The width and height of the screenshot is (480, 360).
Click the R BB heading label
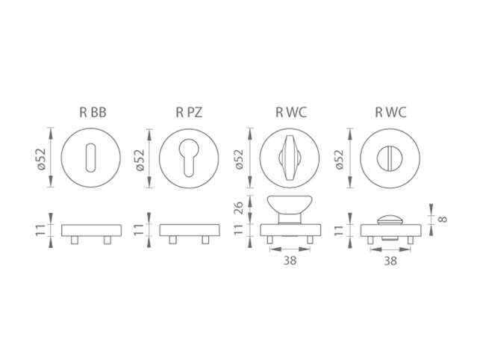(93, 113)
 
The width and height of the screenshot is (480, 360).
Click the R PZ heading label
(189, 113)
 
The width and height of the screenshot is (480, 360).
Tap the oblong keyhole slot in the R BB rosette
(90, 158)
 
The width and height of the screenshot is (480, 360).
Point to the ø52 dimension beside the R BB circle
(41, 159)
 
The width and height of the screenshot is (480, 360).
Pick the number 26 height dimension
(238, 208)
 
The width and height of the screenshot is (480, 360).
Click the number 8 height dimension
(443, 220)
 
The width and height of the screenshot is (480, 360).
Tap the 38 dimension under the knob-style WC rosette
(290, 261)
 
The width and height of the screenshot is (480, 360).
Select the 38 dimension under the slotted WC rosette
(390, 261)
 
